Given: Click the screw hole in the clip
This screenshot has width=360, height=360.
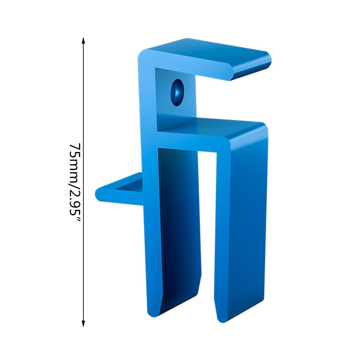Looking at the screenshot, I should [177, 92].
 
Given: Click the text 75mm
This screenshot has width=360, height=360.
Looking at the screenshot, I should [75, 162].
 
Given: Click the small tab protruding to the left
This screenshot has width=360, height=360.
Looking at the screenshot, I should [120, 190].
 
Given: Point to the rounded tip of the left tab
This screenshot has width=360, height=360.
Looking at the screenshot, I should [99, 194].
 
